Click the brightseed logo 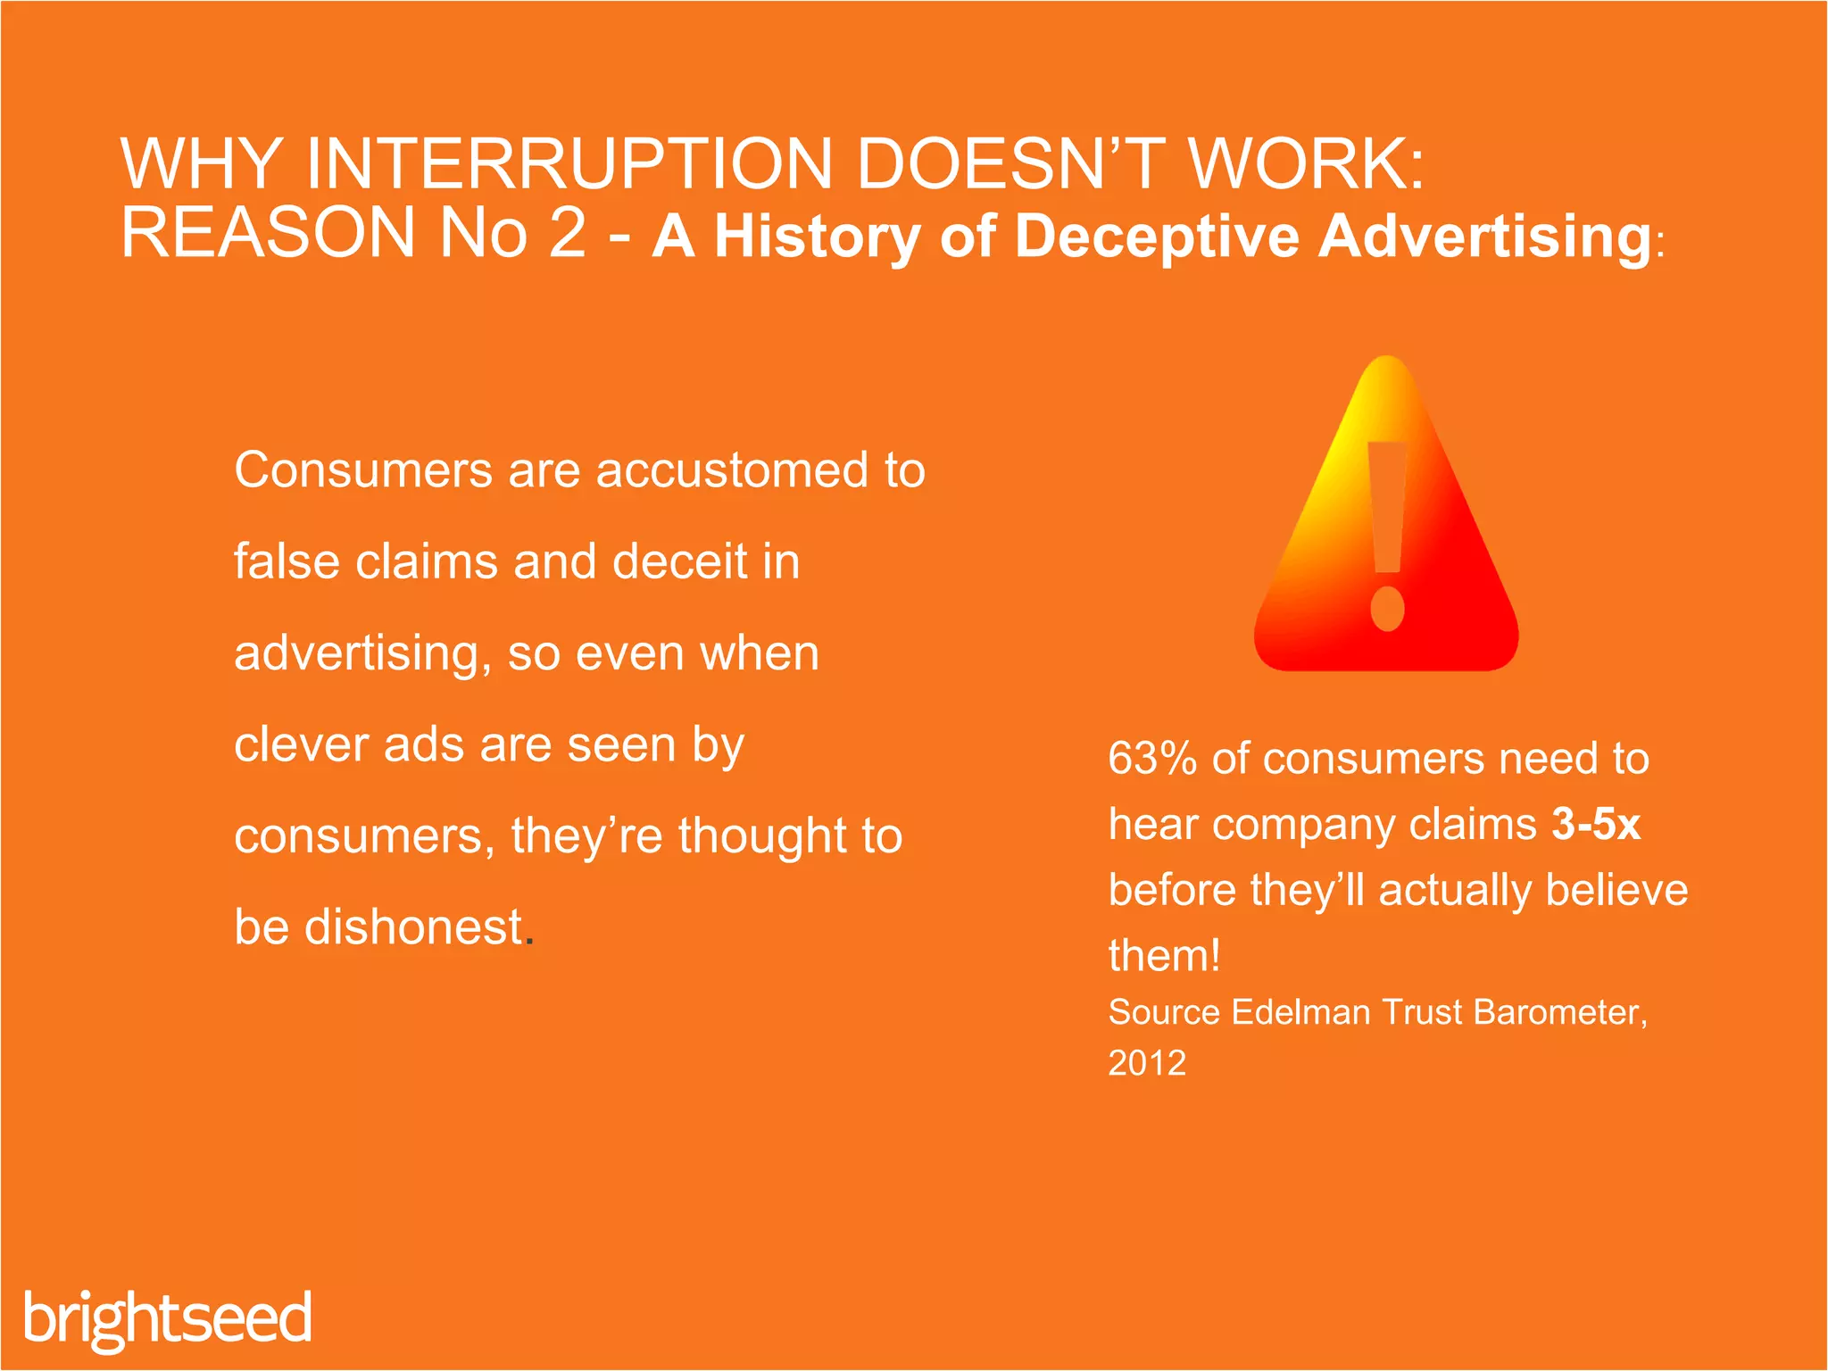click(x=168, y=1318)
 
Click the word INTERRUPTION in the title click(x=569, y=164)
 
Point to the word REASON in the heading click(x=269, y=233)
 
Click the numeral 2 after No click(x=568, y=233)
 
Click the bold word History click(x=817, y=237)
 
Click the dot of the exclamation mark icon click(x=1387, y=609)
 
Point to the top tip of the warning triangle click(x=1387, y=361)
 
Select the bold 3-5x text click(x=1596, y=824)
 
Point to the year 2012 click(x=1147, y=1063)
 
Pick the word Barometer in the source click(x=1557, y=1012)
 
